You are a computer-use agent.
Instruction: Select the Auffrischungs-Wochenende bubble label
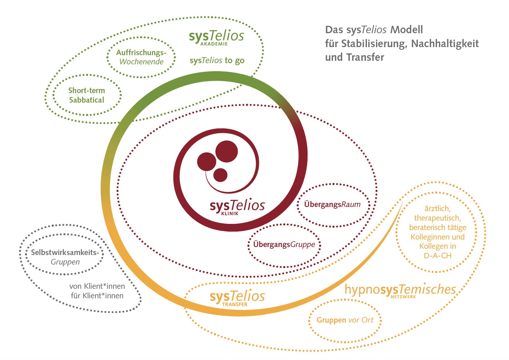(141, 57)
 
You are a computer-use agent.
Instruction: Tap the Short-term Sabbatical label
(87, 95)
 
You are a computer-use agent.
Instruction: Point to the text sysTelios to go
(217, 60)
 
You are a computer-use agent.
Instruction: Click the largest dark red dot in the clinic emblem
(226, 151)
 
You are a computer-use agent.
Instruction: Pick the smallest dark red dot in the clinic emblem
(220, 175)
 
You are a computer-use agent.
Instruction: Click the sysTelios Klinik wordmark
(237, 206)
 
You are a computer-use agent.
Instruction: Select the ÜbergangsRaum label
(332, 204)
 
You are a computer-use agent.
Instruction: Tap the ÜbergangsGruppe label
(284, 245)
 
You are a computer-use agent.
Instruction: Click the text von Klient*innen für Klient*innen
(97, 291)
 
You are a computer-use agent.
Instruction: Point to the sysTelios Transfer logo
(237, 297)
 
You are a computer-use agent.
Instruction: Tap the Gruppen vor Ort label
(345, 320)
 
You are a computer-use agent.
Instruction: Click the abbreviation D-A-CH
(437, 256)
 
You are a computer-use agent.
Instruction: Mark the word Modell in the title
(406, 30)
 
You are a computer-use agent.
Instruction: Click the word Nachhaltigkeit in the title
(445, 44)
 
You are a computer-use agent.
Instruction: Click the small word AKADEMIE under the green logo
(214, 44)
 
